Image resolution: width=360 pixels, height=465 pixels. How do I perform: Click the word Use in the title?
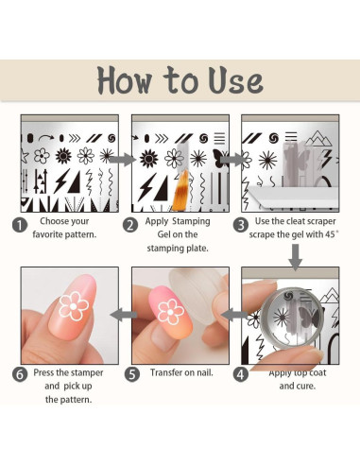235,80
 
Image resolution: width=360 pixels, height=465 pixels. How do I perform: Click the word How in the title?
125,80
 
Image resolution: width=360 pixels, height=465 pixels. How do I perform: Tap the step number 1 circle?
20,226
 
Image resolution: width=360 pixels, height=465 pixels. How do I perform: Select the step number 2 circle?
130,226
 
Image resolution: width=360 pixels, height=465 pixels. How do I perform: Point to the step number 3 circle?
241,226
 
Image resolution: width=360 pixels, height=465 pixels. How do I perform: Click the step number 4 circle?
241,374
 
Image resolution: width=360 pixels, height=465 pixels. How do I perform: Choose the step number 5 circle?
132,374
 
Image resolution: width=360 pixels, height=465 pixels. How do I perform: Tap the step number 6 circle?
20,374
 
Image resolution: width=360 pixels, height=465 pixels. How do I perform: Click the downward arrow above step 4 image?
296,257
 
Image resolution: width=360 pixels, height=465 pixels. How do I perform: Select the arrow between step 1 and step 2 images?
122,160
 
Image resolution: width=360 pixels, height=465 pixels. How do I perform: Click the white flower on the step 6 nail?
74,306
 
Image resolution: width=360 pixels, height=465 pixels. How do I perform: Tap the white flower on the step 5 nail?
171,312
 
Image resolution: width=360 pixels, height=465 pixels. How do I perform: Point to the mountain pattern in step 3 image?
318,139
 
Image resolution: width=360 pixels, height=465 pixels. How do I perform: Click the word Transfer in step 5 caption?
165,372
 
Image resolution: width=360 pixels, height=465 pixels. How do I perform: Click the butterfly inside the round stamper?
309,316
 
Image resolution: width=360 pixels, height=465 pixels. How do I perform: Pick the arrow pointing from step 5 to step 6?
124,315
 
